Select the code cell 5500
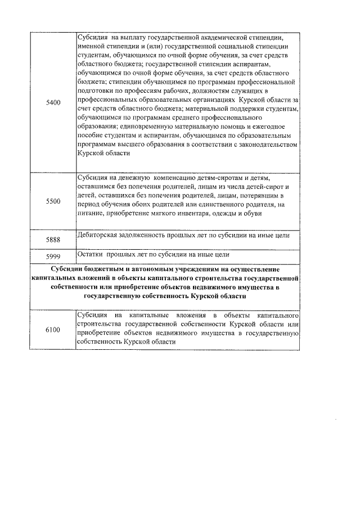pyautogui.click(x=53, y=201)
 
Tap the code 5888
pyautogui.click(x=53, y=240)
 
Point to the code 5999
pyautogui.click(x=53, y=256)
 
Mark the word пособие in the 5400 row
pyautogui.click(x=92, y=136)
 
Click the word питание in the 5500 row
pyautogui.click(x=92, y=213)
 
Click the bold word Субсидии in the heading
pyautogui.click(x=69, y=269)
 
